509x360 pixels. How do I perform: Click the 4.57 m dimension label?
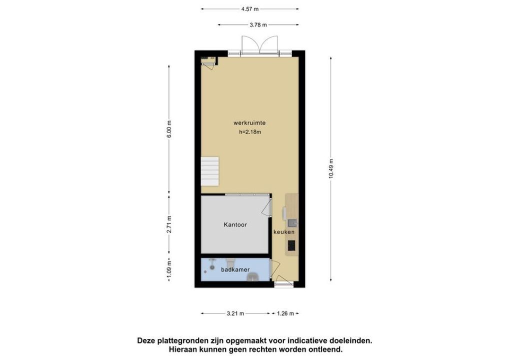(249, 9)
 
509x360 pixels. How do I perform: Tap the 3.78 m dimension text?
(258, 24)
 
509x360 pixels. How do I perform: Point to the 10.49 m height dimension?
(331, 168)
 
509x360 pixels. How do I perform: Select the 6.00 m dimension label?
(169, 129)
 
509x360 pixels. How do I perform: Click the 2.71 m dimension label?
(169, 224)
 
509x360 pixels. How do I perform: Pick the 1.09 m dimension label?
(169, 270)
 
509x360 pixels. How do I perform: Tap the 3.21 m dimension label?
(235, 313)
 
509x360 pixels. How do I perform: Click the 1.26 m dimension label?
(285, 313)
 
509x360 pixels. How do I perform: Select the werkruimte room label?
(249, 123)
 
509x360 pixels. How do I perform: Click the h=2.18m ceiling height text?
(250, 132)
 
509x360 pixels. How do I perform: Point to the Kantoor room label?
(235, 224)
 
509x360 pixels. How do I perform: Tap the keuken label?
(284, 232)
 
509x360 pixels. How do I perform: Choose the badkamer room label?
(235, 270)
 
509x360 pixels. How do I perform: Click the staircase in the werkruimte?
(210, 171)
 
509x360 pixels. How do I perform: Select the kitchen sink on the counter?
(292, 223)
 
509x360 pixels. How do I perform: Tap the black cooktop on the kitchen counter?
(291, 245)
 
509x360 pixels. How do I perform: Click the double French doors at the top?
(259, 46)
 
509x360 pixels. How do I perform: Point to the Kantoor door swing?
(266, 208)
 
